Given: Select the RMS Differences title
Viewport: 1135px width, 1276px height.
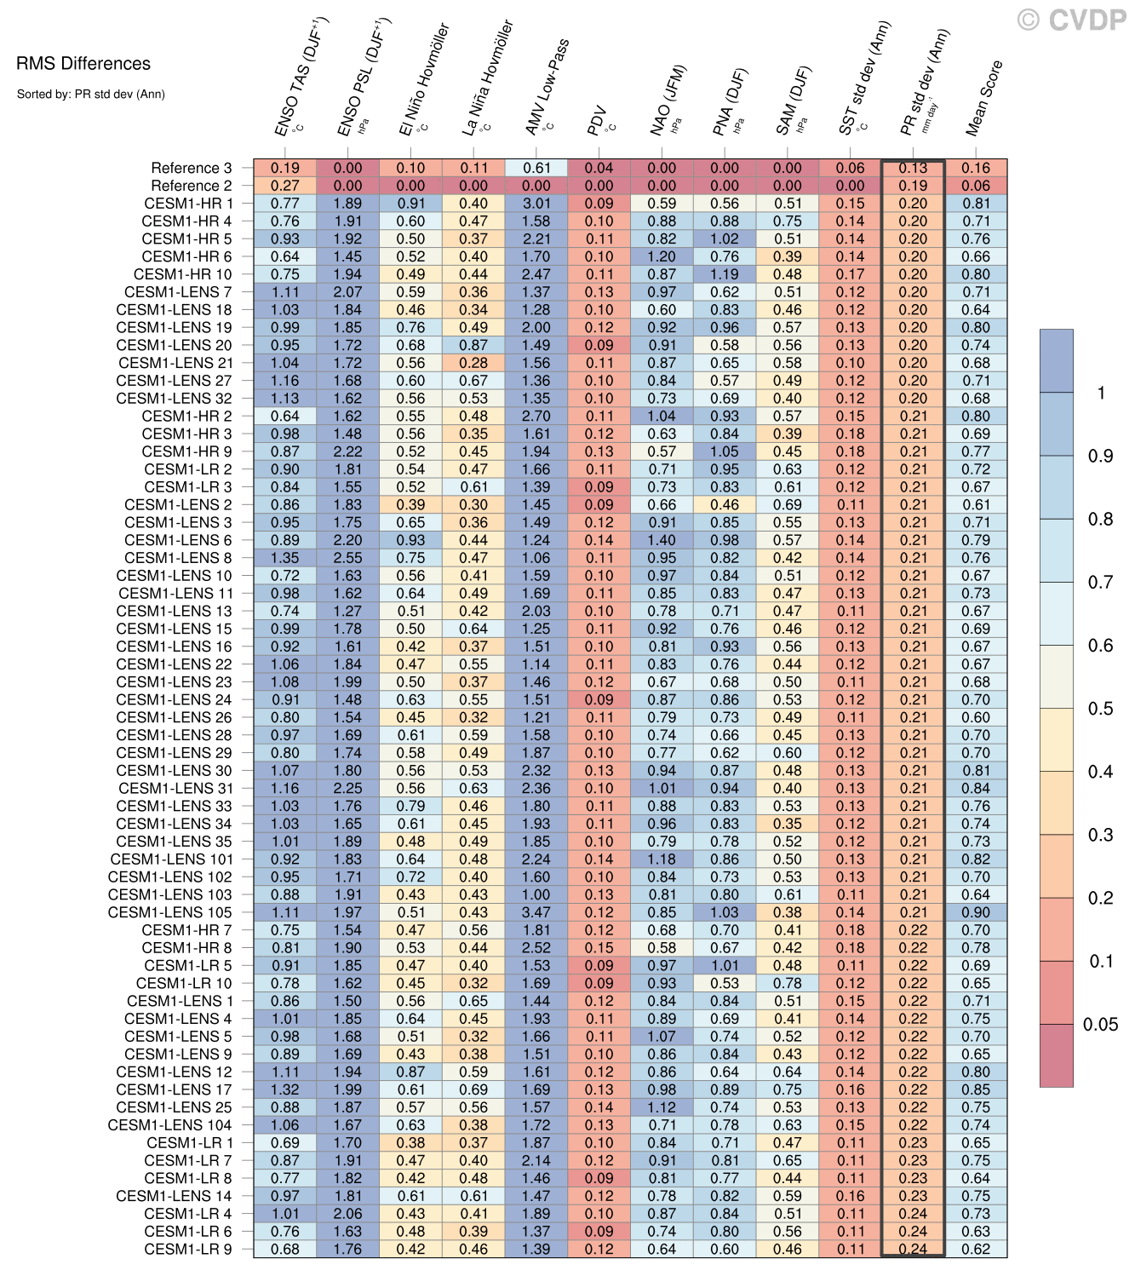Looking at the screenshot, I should (83, 64).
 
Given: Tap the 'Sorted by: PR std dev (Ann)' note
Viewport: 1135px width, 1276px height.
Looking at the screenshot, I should (90, 95).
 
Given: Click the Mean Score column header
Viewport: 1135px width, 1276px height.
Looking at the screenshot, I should (985, 98).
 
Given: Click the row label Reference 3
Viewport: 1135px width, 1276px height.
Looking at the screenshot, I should (191, 168).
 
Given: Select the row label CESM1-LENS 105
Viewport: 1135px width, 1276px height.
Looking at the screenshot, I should (169, 912).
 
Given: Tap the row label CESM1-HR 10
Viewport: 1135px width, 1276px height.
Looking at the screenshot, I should (182, 274).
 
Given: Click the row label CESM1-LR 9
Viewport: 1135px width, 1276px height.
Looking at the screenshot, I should (187, 1249).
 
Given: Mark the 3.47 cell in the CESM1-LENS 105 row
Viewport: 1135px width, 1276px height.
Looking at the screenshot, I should (536, 912).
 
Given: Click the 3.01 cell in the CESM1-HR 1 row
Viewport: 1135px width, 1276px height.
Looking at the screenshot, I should (536, 204).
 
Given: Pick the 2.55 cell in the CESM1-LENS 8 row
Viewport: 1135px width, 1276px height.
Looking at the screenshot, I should (347, 558).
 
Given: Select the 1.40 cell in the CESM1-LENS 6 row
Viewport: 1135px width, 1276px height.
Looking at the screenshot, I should (662, 540).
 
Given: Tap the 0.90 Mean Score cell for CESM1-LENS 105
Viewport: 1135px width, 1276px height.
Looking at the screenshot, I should (976, 912).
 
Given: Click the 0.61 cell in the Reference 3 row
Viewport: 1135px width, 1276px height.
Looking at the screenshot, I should (536, 168).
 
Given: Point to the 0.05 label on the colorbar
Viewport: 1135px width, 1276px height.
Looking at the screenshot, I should (1100, 1025).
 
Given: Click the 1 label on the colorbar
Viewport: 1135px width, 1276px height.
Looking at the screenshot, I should (1101, 393).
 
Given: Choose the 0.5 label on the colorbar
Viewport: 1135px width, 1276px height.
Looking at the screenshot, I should (1100, 709).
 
